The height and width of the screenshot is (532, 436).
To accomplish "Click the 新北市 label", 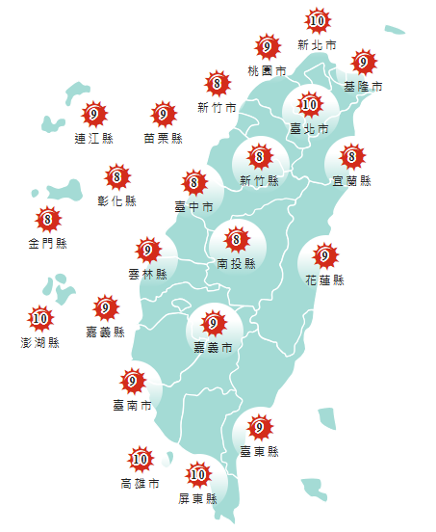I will pyautogui.click(x=317, y=45).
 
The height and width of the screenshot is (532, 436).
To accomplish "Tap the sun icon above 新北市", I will pyautogui.click(x=317, y=20).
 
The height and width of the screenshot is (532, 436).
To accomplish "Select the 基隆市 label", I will pyautogui.click(x=363, y=87).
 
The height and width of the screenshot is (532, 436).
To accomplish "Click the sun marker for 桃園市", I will pyautogui.click(x=267, y=46).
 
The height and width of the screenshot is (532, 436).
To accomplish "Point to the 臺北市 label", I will pyautogui.click(x=309, y=128).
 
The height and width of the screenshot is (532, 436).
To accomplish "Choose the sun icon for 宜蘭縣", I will pyautogui.click(x=351, y=156).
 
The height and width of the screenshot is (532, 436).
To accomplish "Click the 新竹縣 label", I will pyautogui.click(x=259, y=180).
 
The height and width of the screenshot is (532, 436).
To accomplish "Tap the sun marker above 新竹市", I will pyautogui.click(x=218, y=83).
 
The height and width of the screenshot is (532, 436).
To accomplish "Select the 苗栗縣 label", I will pyautogui.click(x=162, y=139).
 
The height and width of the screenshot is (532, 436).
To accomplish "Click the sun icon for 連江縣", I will pyautogui.click(x=93, y=115).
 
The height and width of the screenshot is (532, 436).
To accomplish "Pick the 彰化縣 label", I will pyautogui.click(x=117, y=201).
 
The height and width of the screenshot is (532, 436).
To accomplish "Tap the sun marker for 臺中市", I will pyautogui.click(x=193, y=181).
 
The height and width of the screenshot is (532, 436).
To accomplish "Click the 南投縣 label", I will pyautogui.click(x=236, y=263).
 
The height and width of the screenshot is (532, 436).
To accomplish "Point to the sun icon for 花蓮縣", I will pyautogui.click(x=325, y=255).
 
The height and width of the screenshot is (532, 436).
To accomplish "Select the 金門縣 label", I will pyautogui.click(x=47, y=243).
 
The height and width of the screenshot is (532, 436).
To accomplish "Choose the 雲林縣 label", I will pyautogui.click(x=147, y=275).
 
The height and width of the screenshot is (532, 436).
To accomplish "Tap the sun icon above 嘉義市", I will pyautogui.click(x=213, y=323).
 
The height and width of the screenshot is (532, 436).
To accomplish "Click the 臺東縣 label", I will pyautogui.click(x=259, y=451).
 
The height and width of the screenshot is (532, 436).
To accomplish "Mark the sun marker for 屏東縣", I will pyautogui.click(x=198, y=474).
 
